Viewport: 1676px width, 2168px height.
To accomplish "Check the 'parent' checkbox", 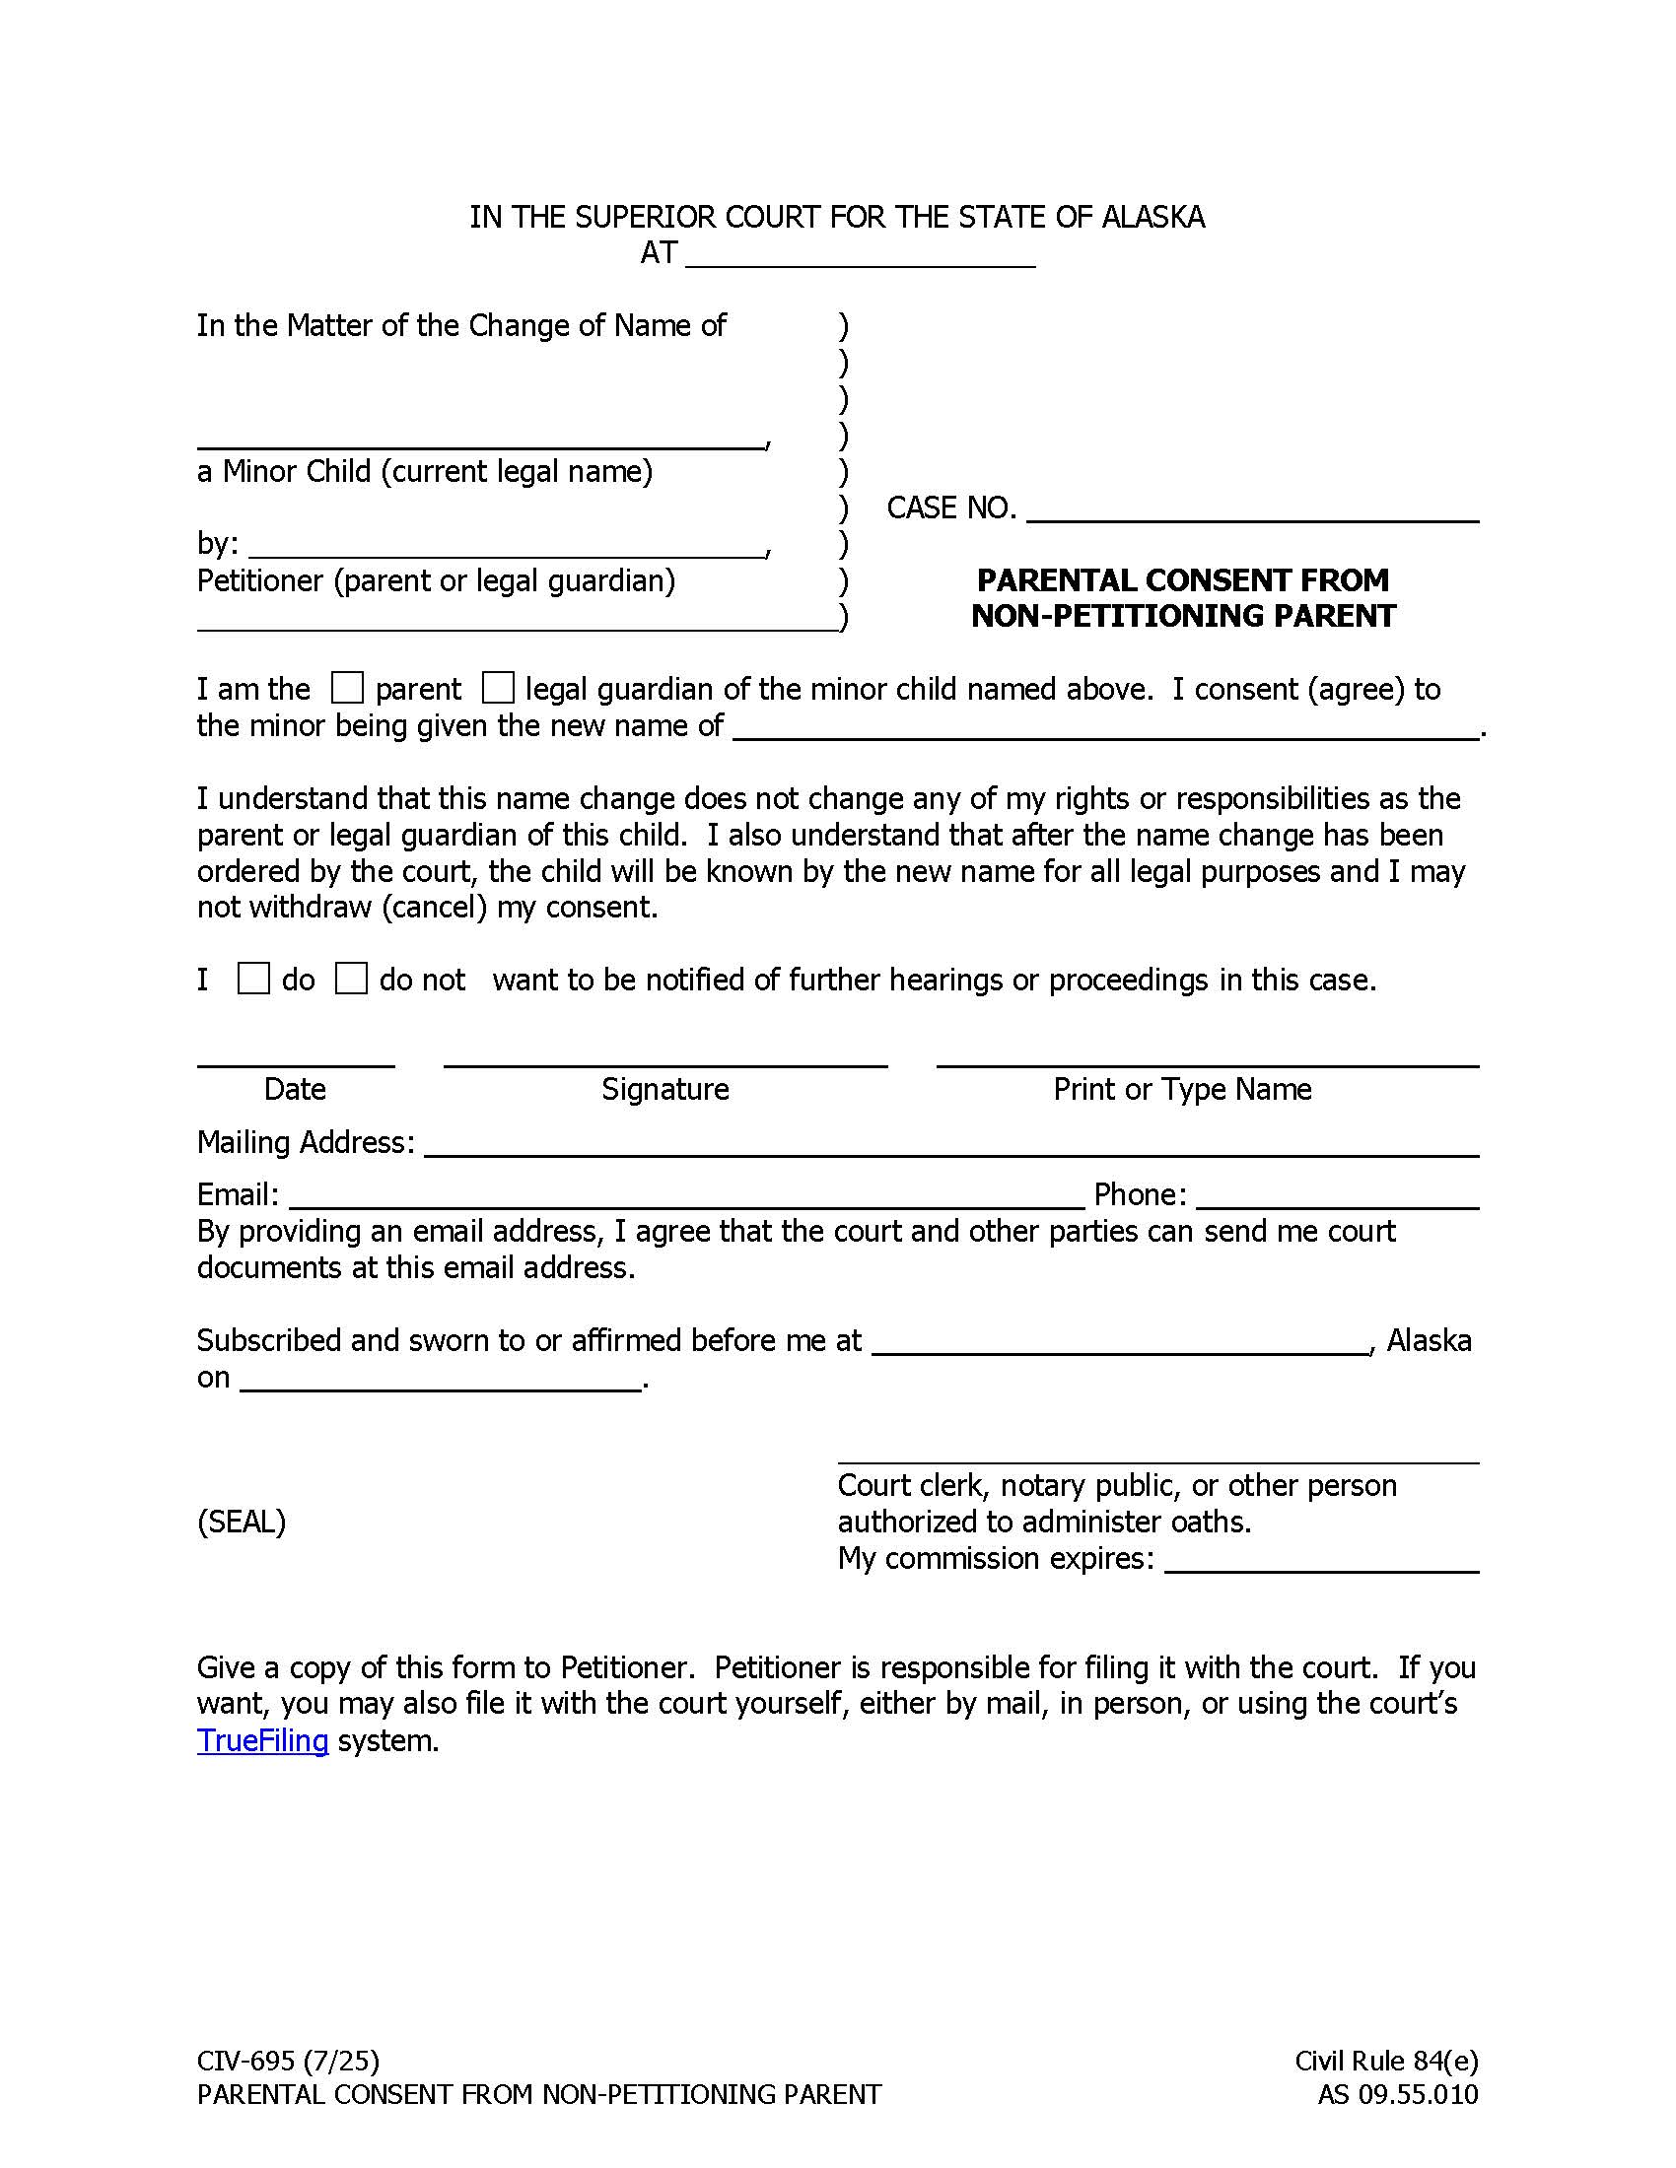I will [x=346, y=688].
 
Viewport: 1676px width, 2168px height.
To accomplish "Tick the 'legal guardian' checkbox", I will [x=498, y=688].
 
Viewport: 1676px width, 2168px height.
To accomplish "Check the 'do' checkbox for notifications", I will [x=253, y=979].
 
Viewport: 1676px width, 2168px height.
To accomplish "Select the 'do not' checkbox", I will [x=351, y=979].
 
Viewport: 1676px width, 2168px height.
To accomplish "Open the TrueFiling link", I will [x=262, y=1741].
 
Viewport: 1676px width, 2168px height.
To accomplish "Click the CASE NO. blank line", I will [x=1252, y=510].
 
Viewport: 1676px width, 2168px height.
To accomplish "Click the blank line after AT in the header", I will [x=860, y=256].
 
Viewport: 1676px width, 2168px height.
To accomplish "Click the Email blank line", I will [x=686, y=1197].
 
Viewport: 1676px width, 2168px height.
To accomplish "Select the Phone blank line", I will [x=1338, y=1197].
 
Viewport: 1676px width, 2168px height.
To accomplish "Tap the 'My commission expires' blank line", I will [x=1321, y=1562].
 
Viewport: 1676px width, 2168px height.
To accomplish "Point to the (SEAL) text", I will [x=242, y=1522].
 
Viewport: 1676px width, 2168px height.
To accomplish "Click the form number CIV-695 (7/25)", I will [x=288, y=2062].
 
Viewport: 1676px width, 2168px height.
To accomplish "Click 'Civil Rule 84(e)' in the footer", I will [x=1386, y=2062].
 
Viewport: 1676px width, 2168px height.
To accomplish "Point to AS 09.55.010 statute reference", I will [x=1397, y=2095].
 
